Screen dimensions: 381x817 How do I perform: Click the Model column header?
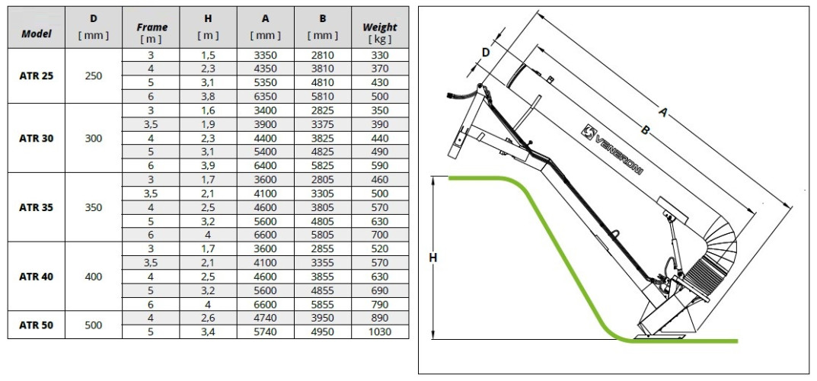(x=37, y=34)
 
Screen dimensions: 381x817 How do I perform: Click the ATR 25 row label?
(x=37, y=76)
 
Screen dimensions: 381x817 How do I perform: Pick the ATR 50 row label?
(x=37, y=325)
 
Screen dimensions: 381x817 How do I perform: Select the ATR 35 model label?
(x=37, y=207)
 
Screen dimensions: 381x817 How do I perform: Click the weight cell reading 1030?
(x=378, y=331)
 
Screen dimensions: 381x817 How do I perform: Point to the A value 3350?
(x=266, y=56)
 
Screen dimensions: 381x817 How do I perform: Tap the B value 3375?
(x=321, y=124)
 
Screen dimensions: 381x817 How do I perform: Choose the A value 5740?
(x=266, y=331)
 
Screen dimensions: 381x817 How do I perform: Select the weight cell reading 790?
(x=378, y=303)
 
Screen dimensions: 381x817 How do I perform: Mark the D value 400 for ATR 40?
(x=94, y=276)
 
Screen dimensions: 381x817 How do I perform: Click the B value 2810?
(x=321, y=56)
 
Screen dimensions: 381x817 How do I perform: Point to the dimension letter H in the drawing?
(x=432, y=258)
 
